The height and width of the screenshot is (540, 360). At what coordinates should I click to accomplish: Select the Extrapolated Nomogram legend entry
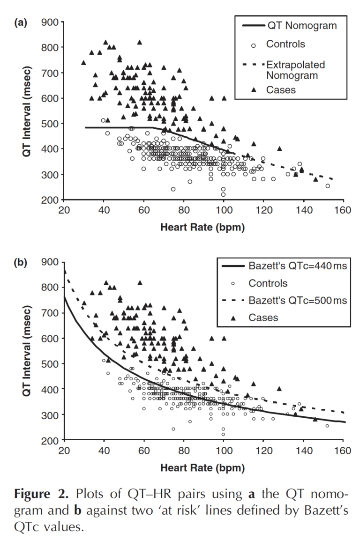point(295,70)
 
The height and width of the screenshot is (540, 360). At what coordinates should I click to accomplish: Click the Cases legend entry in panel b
point(263,318)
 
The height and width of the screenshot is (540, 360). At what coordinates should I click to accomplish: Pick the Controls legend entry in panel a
point(285,44)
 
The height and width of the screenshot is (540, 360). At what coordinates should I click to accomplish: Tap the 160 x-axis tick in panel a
point(343,210)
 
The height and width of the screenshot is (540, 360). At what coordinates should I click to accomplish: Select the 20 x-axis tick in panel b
point(64,451)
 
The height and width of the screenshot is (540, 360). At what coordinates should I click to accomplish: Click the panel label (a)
point(21,22)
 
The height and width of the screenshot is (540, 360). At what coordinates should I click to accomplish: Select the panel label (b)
point(21,262)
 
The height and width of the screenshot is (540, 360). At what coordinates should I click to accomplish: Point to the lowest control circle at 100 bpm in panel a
point(223,194)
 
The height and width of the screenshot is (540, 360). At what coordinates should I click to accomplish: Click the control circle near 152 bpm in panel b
point(327,426)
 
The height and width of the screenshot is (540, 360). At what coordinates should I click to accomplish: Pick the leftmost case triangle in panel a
point(83,63)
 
